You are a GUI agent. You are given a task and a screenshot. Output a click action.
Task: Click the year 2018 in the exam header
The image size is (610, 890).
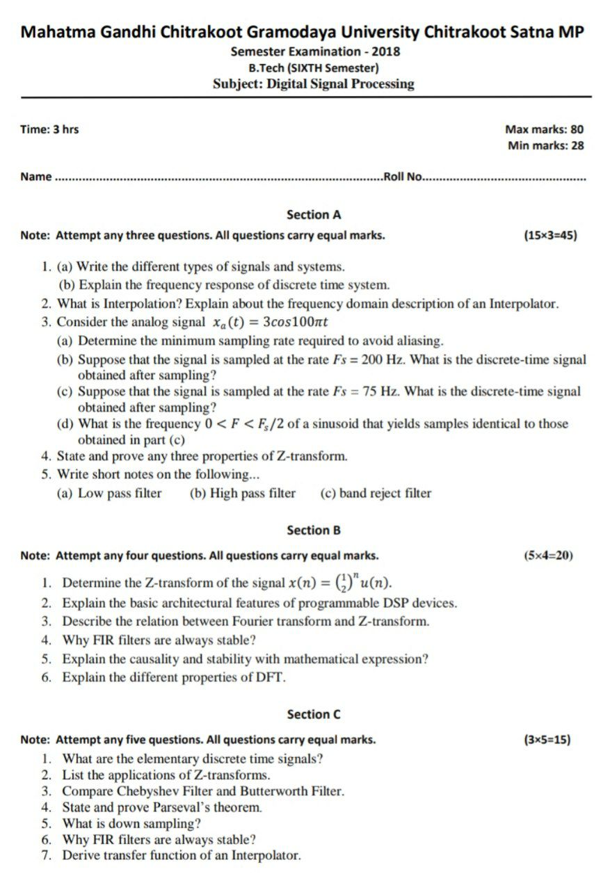coord(386,51)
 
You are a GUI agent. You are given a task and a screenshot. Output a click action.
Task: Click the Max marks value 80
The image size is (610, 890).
coord(577,129)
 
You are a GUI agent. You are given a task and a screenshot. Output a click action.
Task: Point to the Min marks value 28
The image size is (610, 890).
coord(577,145)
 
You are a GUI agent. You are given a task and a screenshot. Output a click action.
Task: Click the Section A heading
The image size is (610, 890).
coord(314,215)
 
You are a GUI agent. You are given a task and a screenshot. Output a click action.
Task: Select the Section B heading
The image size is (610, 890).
coord(314,531)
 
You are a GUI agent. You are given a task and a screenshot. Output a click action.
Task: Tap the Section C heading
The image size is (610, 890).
coord(314,714)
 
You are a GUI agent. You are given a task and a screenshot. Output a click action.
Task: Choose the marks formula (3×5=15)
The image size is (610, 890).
coord(547,739)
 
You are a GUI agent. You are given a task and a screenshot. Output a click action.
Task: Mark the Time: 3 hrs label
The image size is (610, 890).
coord(49,129)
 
